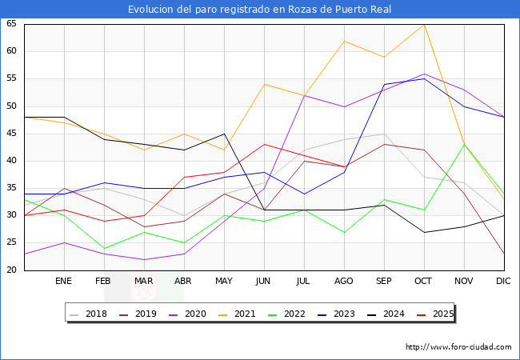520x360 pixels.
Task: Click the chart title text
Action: [x=260, y=10]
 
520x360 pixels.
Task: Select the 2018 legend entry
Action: [x=89, y=314]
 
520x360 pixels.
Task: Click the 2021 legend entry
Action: [x=237, y=314]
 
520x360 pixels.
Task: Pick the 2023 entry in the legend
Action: [x=336, y=314]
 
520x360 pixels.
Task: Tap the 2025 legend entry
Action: [x=435, y=314]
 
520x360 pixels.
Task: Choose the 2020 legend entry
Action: [x=187, y=314]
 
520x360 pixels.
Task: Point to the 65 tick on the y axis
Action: [x=11, y=23]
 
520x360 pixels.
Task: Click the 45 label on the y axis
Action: [x=11, y=134]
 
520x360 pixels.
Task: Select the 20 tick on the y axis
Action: [x=11, y=270]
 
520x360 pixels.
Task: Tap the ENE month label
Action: [x=63, y=281]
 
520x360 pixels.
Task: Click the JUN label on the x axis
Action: [x=263, y=281]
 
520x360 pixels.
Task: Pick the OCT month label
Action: [x=423, y=281]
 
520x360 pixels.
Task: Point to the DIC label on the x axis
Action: [x=503, y=281]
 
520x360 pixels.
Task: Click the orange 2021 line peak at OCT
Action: [x=424, y=25]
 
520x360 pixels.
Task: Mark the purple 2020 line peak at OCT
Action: [x=424, y=74]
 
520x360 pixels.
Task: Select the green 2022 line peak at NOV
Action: [x=464, y=144]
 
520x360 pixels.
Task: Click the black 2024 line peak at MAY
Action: [x=225, y=134]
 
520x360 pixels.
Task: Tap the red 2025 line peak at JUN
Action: [x=264, y=144]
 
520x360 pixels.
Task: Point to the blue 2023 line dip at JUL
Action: [x=305, y=194]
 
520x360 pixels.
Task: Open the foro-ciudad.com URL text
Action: [x=458, y=347]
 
